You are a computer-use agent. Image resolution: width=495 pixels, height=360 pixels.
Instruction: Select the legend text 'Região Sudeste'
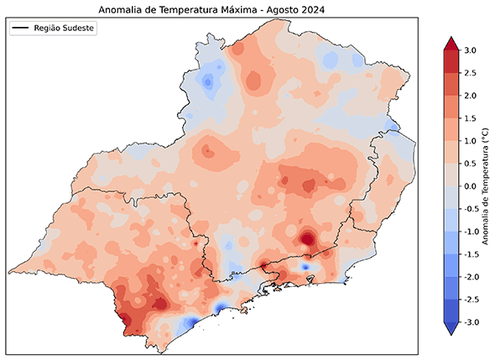click(x=65, y=29)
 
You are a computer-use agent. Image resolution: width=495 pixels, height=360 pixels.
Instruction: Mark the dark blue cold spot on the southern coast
click(x=190, y=322)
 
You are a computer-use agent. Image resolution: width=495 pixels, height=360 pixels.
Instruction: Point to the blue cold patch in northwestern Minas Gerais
click(x=207, y=81)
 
